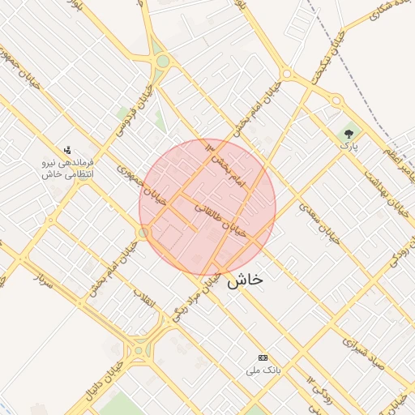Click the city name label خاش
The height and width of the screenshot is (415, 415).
(x=245, y=280)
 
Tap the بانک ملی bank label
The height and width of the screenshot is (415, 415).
(x=263, y=370)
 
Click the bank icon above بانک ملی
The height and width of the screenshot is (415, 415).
(x=263, y=357)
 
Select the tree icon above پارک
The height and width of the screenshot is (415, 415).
(x=349, y=132)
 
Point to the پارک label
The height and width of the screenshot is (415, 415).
(x=348, y=147)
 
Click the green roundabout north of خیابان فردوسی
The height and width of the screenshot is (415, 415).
(x=162, y=62)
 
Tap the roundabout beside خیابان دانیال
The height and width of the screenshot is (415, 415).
(x=139, y=351)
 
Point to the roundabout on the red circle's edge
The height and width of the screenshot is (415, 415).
(x=143, y=233)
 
